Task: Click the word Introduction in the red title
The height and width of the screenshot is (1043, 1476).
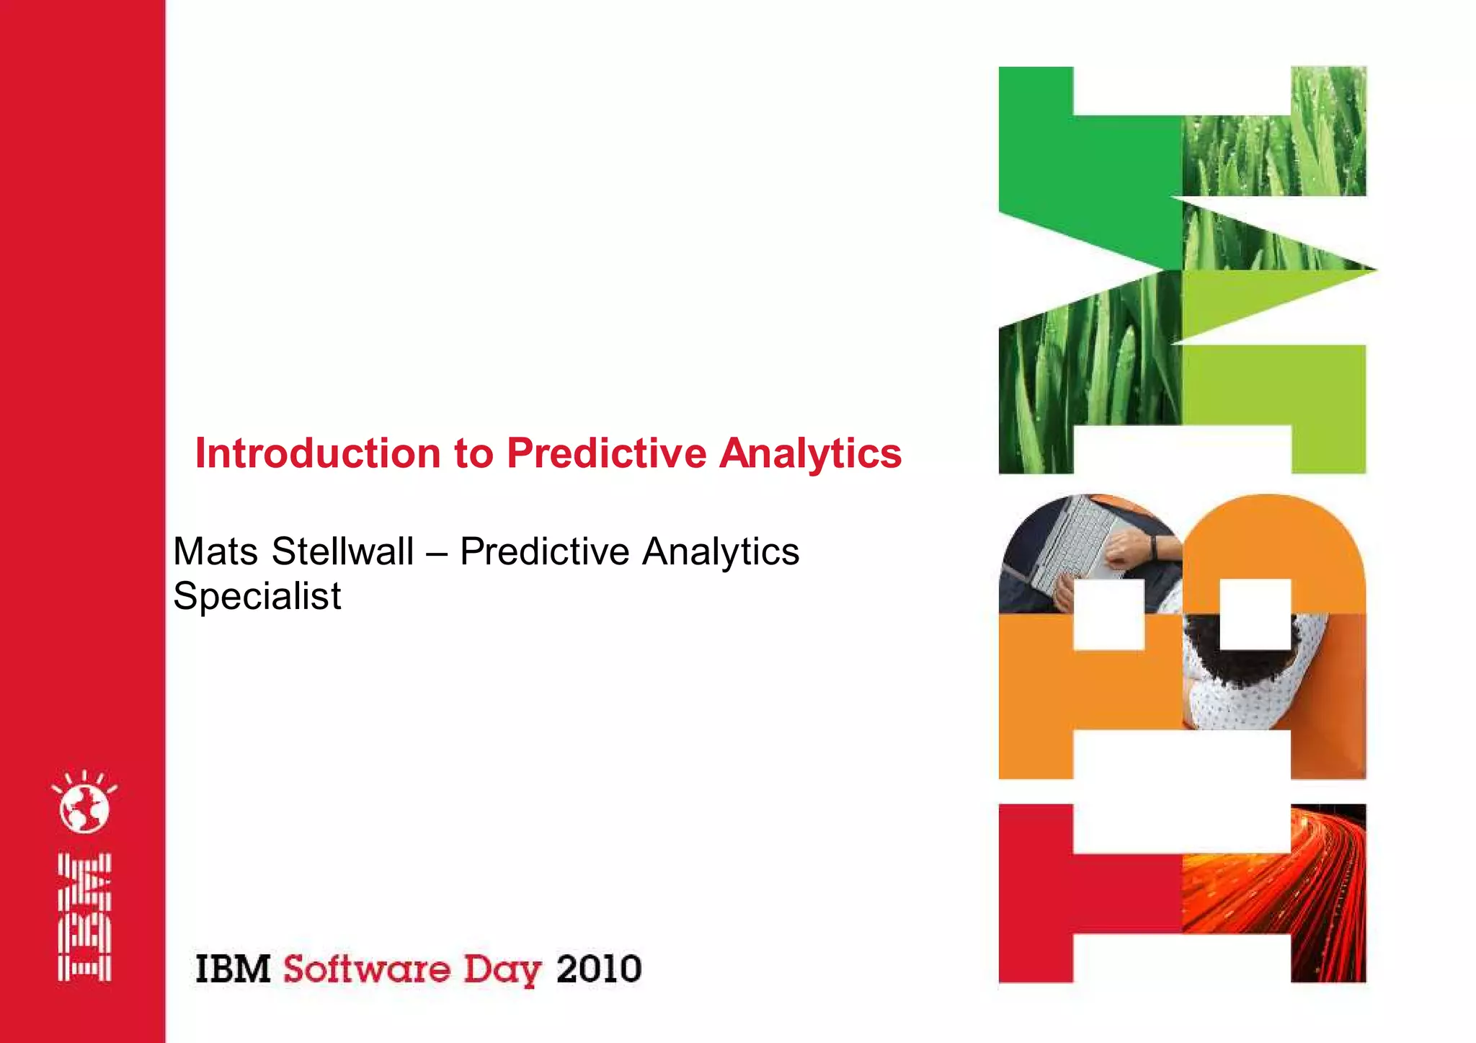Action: [x=318, y=453]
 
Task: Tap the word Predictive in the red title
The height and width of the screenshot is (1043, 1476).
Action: [x=606, y=453]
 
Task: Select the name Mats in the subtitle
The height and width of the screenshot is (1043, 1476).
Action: [x=215, y=552]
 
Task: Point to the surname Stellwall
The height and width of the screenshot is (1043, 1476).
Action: [x=342, y=552]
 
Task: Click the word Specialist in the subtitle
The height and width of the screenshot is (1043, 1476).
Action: [x=257, y=597]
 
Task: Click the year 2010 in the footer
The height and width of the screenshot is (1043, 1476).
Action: [x=598, y=969]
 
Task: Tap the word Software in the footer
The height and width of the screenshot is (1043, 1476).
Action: [x=366, y=969]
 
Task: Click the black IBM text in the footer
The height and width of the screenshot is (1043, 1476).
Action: [x=233, y=969]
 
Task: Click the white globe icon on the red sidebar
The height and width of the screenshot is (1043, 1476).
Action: [x=84, y=807]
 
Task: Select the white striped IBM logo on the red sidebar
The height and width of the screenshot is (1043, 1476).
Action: [x=84, y=917]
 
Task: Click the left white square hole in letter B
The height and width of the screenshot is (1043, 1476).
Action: [x=1108, y=614]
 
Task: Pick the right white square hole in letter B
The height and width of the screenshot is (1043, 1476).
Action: [x=1255, y=614]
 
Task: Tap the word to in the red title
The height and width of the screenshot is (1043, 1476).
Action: [x=474, y=453]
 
